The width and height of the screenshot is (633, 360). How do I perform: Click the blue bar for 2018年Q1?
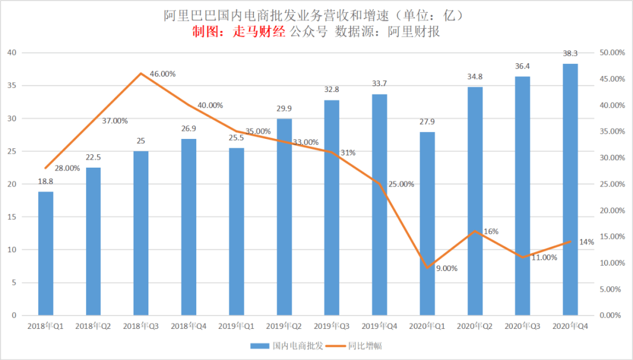46,253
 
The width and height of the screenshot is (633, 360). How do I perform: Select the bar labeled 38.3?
570,189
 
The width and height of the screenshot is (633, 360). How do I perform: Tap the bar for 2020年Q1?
427,223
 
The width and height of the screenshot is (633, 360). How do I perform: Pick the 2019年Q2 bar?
284,217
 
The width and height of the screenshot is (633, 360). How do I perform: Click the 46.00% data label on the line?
162,74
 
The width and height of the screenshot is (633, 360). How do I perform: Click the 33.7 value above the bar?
380,84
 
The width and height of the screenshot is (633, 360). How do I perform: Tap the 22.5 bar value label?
93,158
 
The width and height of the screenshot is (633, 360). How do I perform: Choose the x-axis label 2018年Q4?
189,325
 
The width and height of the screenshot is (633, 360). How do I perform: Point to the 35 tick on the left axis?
12,86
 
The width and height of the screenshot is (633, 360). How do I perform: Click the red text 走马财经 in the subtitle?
261,32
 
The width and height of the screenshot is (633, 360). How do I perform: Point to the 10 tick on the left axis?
12,250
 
